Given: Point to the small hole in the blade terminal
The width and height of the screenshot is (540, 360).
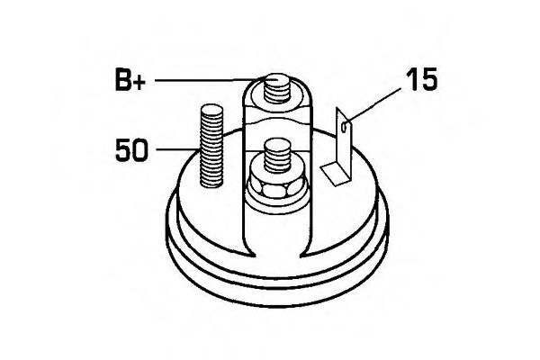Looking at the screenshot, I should point(344,129).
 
